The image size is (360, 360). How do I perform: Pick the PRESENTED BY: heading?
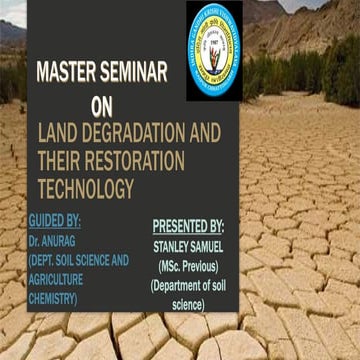tap(189, 226)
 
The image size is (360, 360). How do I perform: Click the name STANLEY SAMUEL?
tap(189, 247)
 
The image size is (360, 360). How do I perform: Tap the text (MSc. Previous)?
tap(189, 267)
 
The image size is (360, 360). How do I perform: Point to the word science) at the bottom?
tap(189, 305)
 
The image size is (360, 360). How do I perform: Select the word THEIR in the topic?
tap(58, 159)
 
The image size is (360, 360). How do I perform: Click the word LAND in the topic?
tap(59, 132)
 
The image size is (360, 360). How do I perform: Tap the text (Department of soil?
tap(189, 286)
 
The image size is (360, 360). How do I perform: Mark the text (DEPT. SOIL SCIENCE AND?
tap(79, 259)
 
